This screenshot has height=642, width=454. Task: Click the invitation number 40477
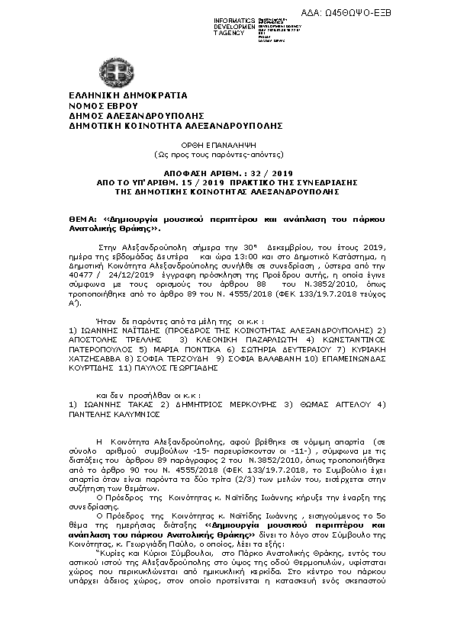(81, 274)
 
